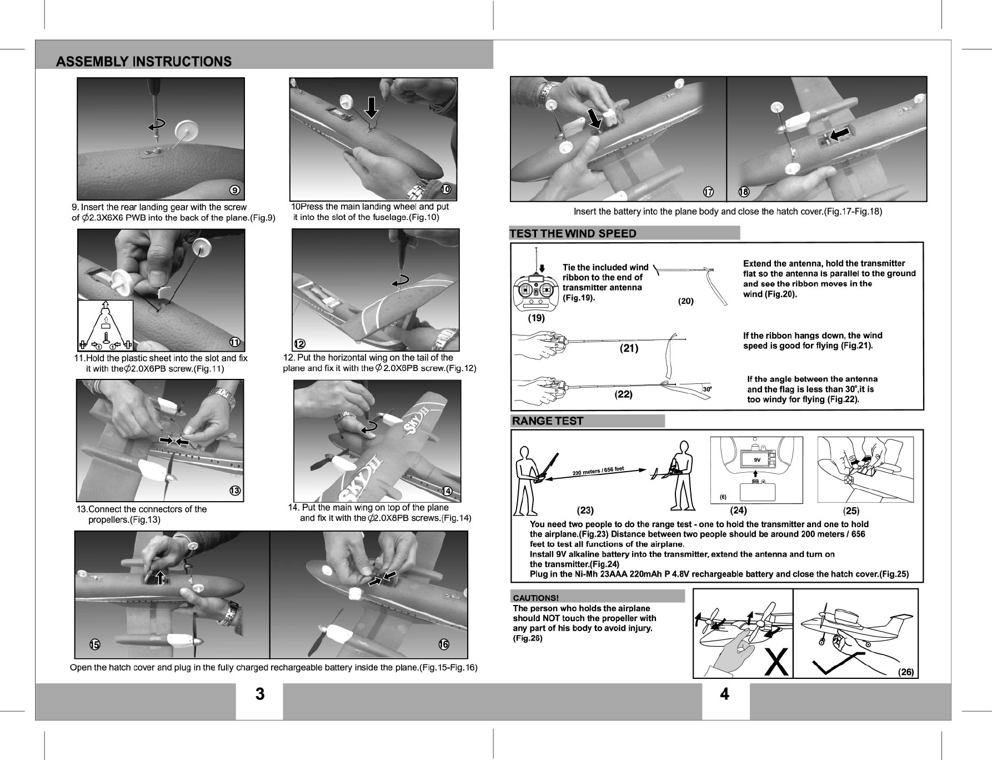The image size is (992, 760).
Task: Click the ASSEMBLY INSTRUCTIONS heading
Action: tap(144, 61)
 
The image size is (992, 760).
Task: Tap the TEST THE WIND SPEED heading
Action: tap(573, 233)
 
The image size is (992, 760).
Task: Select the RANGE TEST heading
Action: tap(547, 421)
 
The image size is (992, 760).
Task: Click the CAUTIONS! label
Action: tap(535, 598)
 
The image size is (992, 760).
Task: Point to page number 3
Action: tap(259, 694)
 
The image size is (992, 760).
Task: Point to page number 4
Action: tap(724, 694)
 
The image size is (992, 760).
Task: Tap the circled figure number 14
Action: tap(447, 490)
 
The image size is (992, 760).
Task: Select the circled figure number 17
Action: tap(708, 192)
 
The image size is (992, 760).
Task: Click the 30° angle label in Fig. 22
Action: tap(708, 389)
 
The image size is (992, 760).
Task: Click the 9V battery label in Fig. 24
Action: tap(756, 460)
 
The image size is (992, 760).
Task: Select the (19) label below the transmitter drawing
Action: tap(536, 318)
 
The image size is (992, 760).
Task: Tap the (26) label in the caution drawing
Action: tap(906, 672)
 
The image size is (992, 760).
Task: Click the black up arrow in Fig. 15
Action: tap(160, 576)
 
